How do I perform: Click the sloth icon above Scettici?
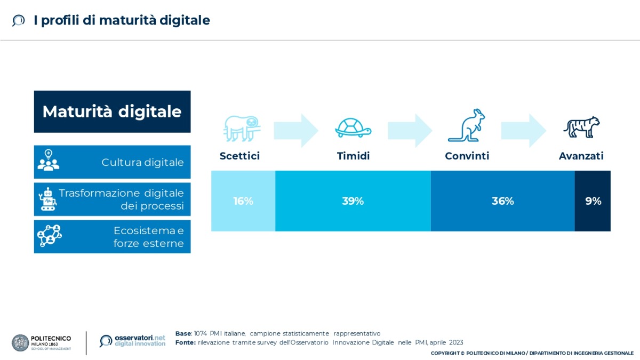click(x=240, y=128)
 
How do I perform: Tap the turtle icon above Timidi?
click(x=353, y=129)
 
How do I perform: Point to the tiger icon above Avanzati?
click(x=581, y=127)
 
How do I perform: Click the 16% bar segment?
click(x=243, y=201)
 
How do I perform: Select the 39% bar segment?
click(x=353, y=201)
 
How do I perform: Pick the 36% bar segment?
click(x=502, y=201)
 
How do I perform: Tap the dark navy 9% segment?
click(x=593, y=201)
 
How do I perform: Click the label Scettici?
click(x=239, y=156)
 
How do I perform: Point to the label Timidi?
click(x=353, y=156)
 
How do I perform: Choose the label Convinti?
click(x=467, y=156)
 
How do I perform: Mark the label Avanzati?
click(x=581, y=156)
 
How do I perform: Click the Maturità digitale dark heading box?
click(x=112, y=111)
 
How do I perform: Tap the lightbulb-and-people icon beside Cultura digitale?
click(x=49, y=160)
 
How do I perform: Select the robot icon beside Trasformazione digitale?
click(x=49, y=199)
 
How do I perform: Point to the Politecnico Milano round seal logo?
click(x=20, y=342)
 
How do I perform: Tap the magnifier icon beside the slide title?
click(x=19, y=21)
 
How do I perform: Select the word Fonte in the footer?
click(x=185, y=342)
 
